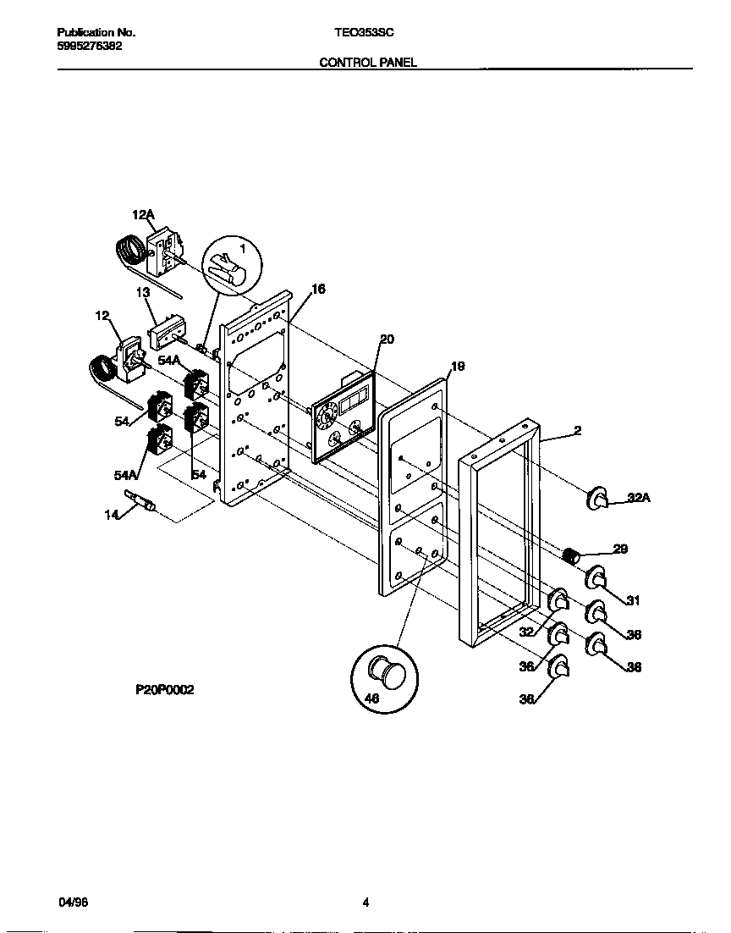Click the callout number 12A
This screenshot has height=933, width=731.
143,217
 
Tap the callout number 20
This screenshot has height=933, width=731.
387,340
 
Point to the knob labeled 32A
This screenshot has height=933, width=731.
598,499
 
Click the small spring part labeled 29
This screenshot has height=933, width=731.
572,555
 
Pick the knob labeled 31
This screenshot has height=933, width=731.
596,577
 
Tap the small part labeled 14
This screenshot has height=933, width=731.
142,501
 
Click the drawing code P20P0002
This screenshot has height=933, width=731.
165,690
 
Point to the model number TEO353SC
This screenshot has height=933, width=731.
364,32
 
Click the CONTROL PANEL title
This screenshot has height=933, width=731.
368,63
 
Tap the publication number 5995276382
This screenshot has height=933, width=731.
90,46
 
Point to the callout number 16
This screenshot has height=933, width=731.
318,290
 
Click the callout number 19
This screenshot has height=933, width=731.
458,367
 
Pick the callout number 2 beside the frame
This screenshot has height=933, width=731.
577,431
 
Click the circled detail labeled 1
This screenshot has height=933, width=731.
231,265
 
